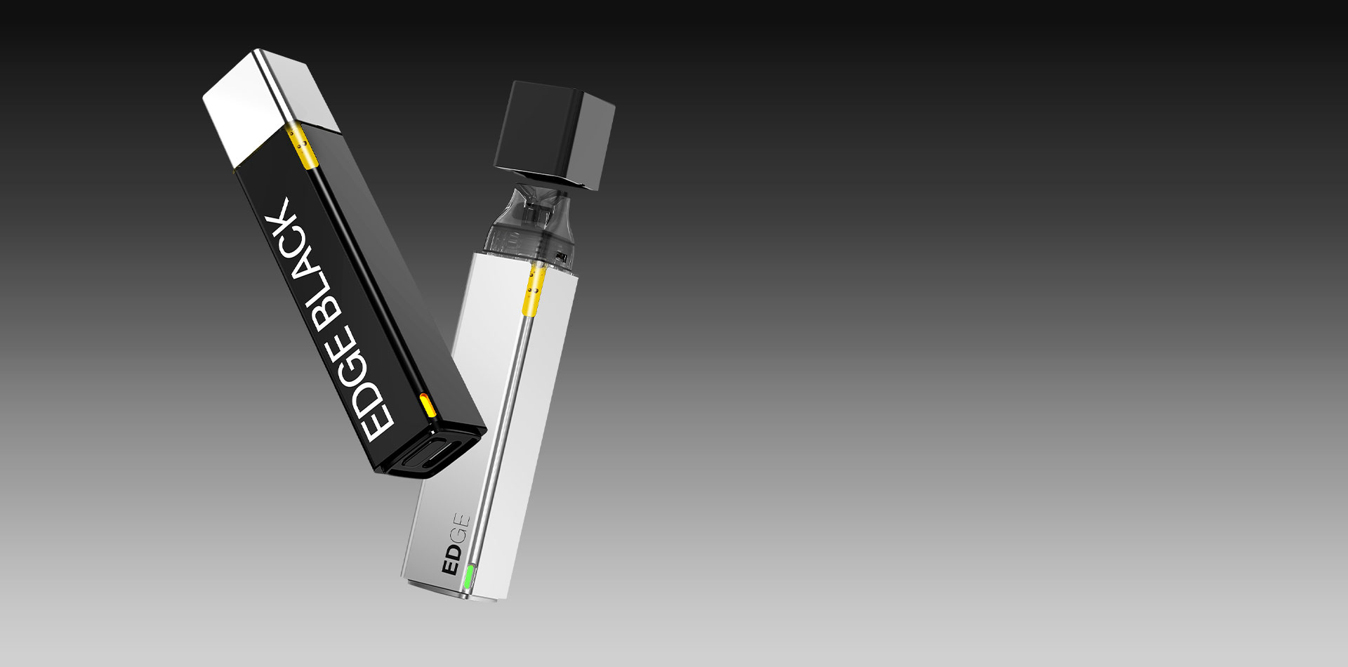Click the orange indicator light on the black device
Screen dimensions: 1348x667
click(426, 407)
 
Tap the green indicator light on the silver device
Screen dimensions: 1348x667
click(468, 579)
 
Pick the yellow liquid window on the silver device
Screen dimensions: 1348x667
click(534, 288)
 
